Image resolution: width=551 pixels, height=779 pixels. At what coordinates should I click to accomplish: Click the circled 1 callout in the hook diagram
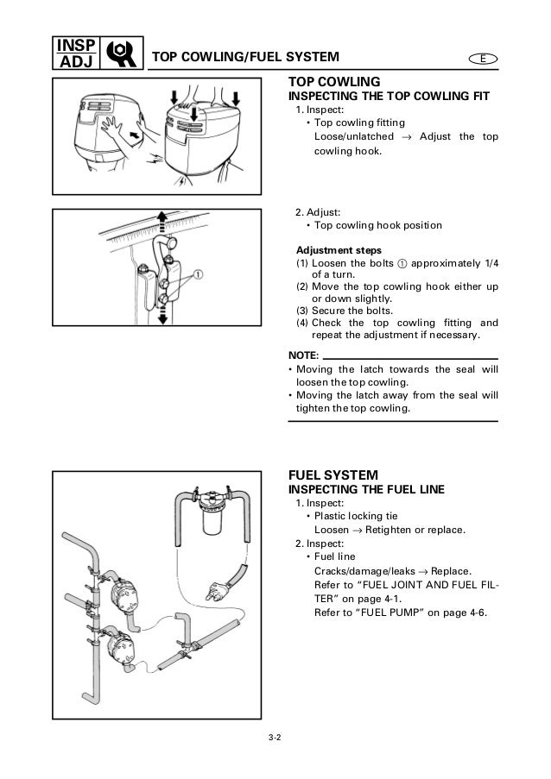click(x=199, y=276)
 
